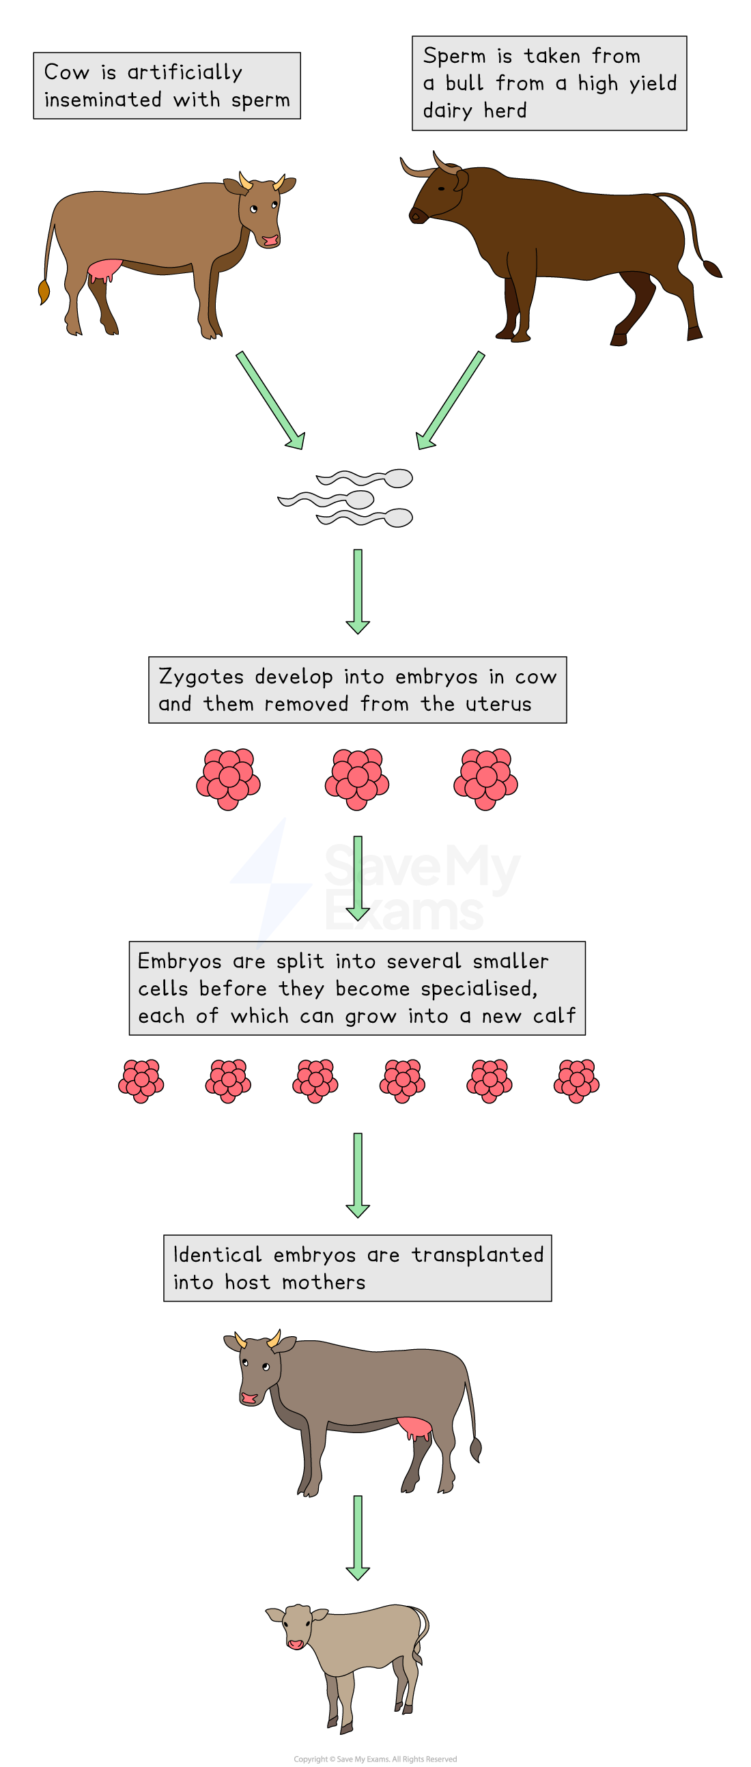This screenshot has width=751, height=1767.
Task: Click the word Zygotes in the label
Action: click(x=201, y=677)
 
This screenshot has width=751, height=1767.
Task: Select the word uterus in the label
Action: click(x=498, y=704)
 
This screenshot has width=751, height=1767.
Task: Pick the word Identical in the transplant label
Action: click(x=216, y=1255)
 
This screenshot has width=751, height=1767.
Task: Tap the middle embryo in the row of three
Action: click(x=356, y=778)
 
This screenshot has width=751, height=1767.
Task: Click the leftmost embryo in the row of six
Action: click(x=141, y=1081)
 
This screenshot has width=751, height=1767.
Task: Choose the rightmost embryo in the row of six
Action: click(x=576, y=1081)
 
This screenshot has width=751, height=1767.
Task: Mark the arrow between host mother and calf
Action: click(x=357, y=1536)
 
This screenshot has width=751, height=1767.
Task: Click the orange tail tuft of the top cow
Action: click(x=44, y=290)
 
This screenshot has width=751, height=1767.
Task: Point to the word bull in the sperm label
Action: click(x=464, y=83)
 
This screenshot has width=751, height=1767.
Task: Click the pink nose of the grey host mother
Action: click(x=249, y=1397)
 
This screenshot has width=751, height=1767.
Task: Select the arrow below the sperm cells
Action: click(x=357, y=590)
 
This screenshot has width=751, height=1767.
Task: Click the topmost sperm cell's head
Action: click(x=398, y=478)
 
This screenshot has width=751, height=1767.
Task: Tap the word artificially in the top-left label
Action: click(x=184, y=72)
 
